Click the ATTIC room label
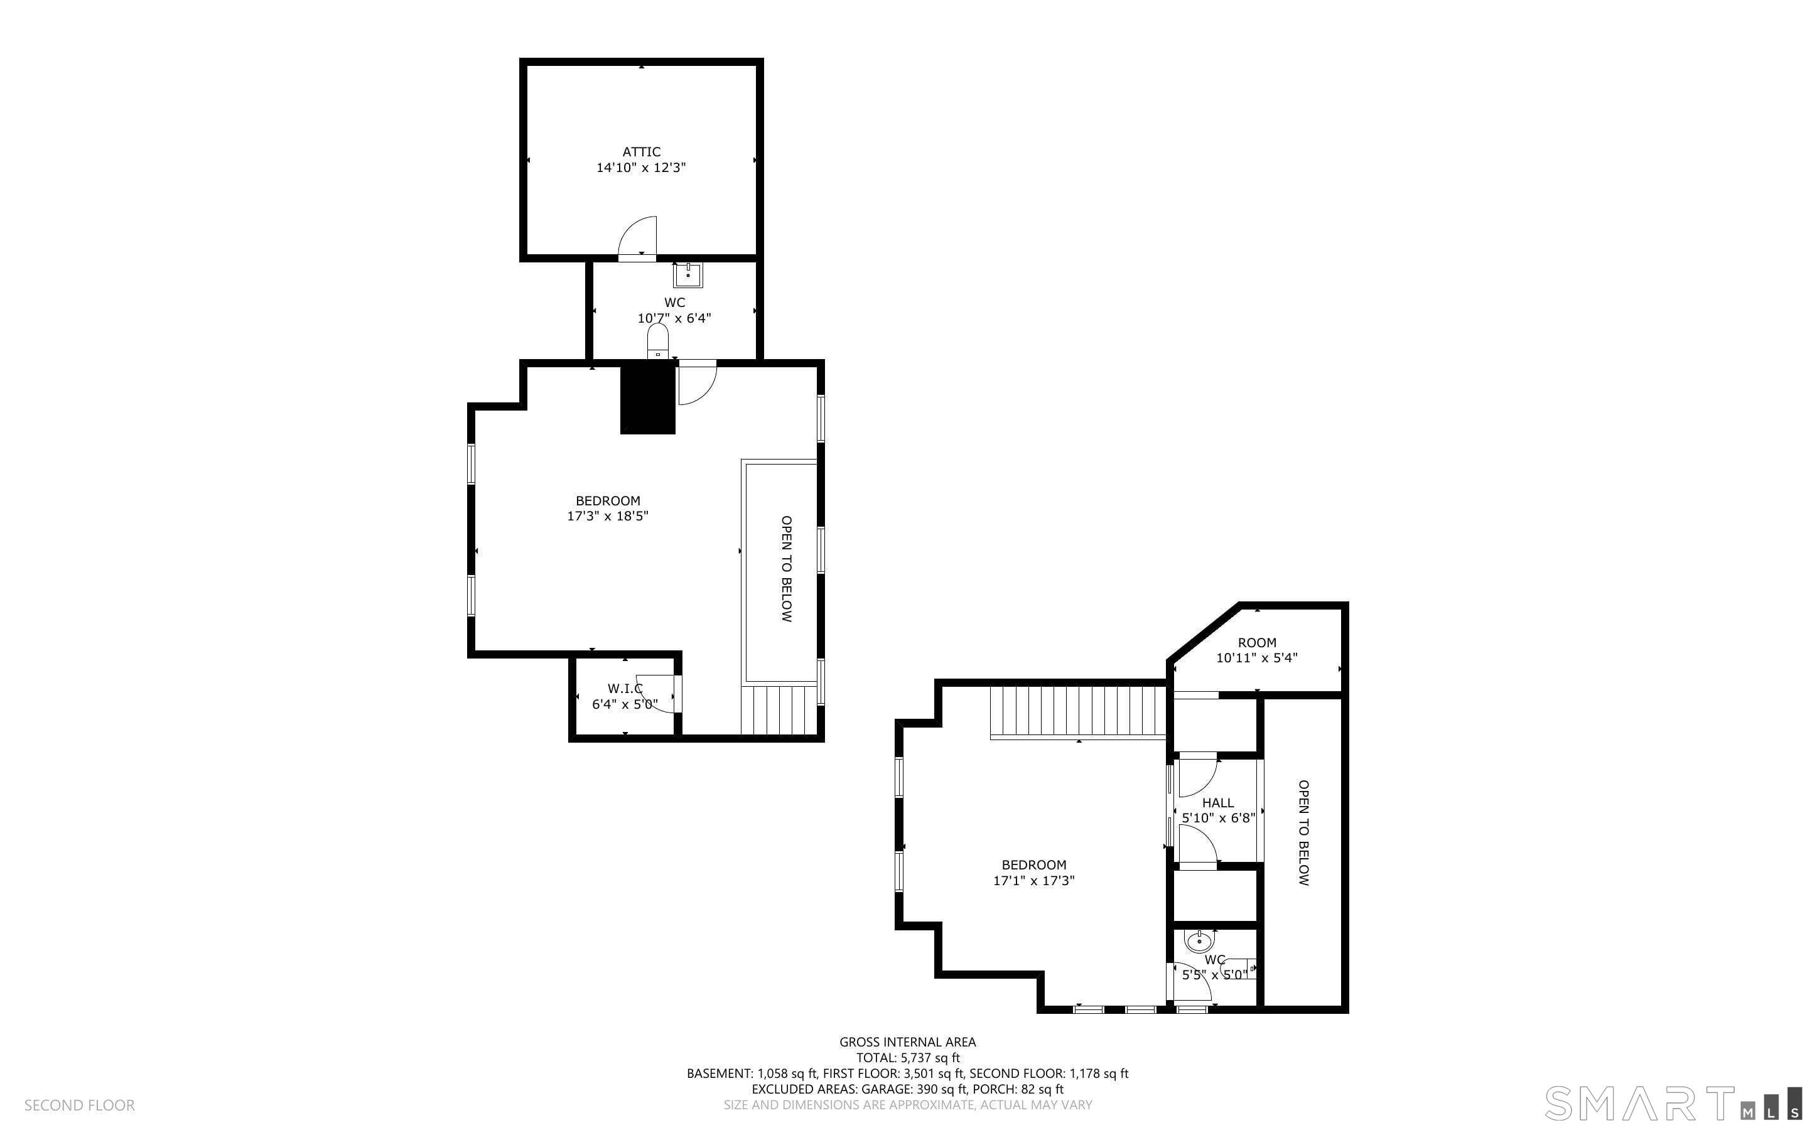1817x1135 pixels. tap(641, 152)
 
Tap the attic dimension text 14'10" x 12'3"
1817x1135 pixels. tap(641, 168)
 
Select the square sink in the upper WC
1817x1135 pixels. tap(687, 276)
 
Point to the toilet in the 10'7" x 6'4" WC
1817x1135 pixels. tap(657, 342)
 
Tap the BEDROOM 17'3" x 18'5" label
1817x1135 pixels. tap(608, 508)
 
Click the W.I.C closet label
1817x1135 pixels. tap(625, 689)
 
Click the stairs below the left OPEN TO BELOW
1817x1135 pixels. tap(779, 709)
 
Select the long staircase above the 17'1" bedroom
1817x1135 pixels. tap(1078, 713)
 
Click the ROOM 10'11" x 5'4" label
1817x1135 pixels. tap(1257, 650)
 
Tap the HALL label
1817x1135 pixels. tap(1217, 802)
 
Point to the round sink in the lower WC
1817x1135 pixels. tap(1199, 940)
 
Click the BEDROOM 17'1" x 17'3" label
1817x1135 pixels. tap(1034, 872)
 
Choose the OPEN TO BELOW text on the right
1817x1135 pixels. tap(1303, 832)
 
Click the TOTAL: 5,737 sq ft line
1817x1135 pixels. tap(908, 1058)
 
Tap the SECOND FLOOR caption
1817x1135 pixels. tap(80, 1105)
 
